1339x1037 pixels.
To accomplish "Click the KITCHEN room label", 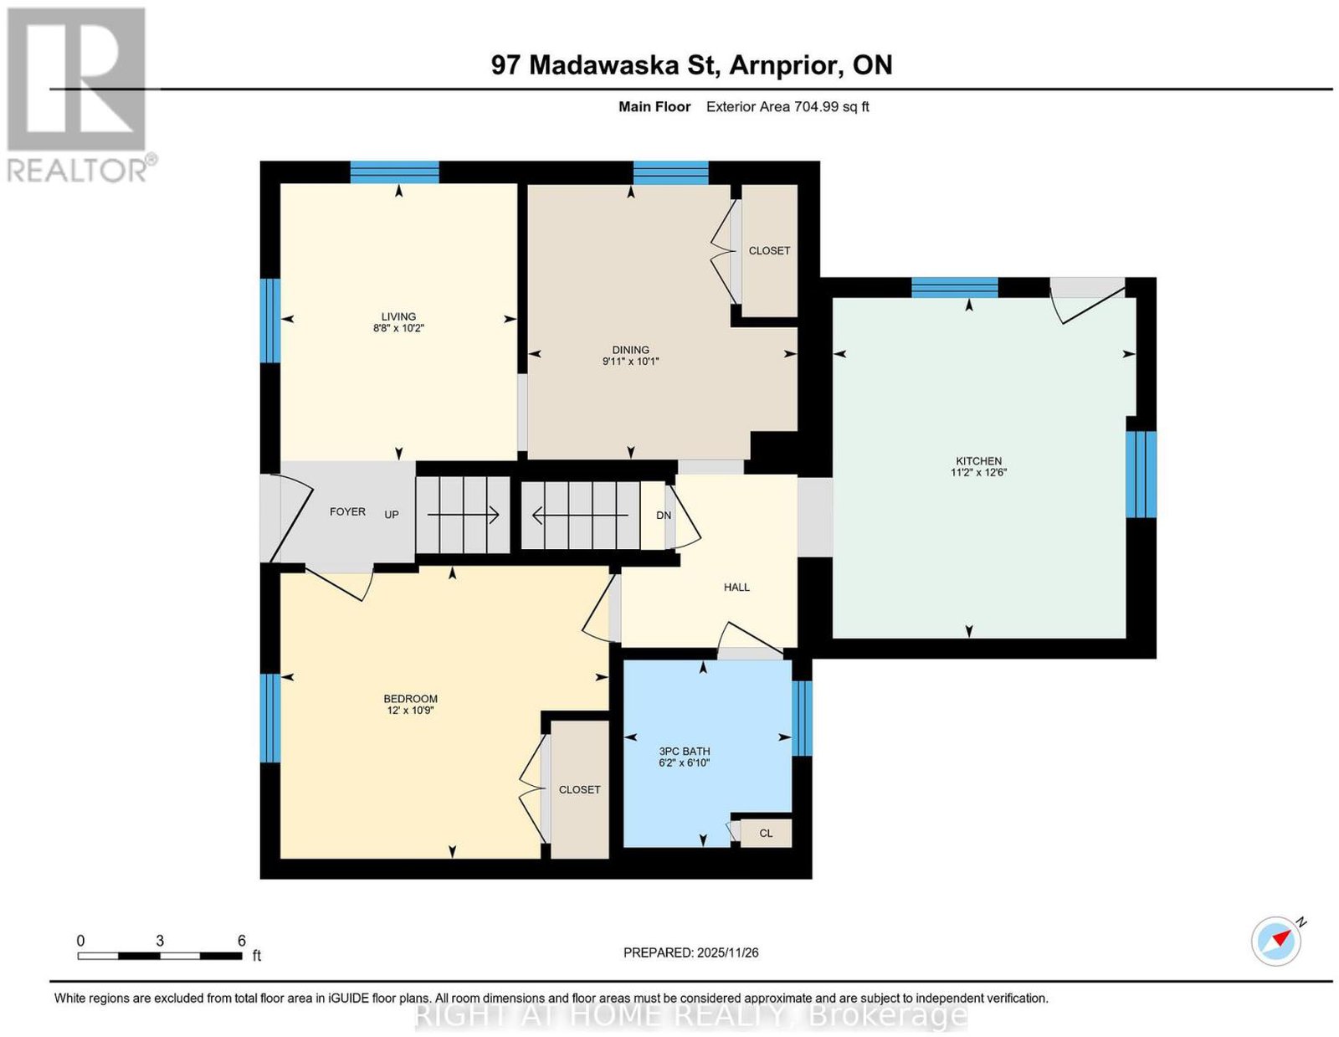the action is [978, 461].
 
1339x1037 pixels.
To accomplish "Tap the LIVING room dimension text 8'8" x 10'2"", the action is [398, 328].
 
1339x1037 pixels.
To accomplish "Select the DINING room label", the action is [630, 350].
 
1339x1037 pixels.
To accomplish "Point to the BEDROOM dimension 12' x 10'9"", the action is [410, 710].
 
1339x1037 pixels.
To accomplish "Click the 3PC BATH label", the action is [685, 751].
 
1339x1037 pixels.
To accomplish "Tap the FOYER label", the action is [347, 511].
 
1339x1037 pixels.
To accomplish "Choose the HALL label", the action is [736, 588].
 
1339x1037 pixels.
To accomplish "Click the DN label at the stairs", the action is [663, 515].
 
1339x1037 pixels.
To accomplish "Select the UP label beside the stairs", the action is [392, 515].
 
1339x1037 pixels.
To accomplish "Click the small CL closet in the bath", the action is [765, 833].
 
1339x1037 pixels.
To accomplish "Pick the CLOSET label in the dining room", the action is [769, 251].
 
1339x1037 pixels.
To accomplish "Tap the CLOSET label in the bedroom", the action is [579, 789].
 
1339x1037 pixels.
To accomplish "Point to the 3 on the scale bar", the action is [160, 940].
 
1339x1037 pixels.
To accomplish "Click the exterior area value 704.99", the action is [816, 106].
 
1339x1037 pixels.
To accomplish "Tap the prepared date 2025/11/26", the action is [727, 952].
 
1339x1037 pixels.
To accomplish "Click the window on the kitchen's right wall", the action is [1141, 474].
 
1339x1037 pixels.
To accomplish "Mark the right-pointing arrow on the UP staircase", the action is [464, 515].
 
